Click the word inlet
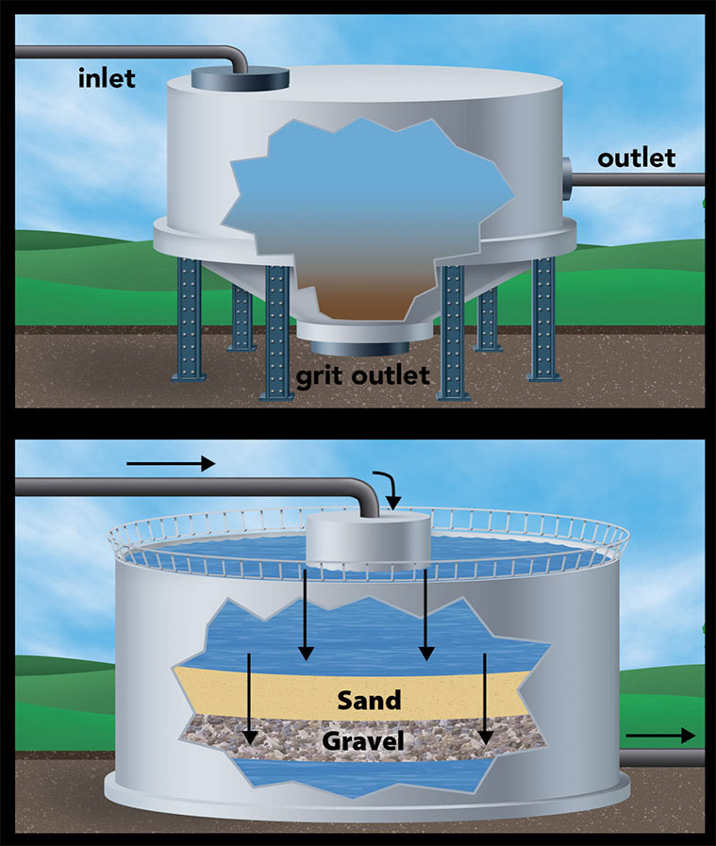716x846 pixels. [x=107, y=77]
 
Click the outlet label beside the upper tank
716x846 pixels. [x=637, y=158]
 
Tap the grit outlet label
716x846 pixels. [x=363, y=374]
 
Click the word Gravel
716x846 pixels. [x=363, y=741]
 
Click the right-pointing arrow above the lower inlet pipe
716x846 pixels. [x=171, y=463]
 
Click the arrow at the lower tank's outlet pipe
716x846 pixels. [x=660, y=736]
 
